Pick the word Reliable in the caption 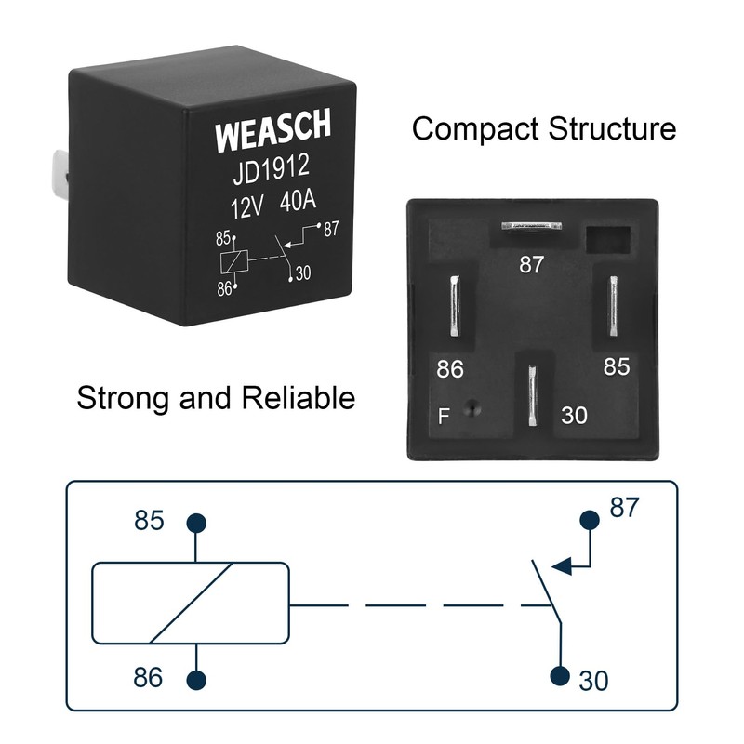click(x=299, y=399)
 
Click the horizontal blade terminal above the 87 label click(x=531, y=226)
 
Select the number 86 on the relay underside click(x=450, y=369)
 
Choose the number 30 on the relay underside click(x=574, y=416)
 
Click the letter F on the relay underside click(x=445, y=416)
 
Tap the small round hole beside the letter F click(x=473, y=407)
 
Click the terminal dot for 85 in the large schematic click(x=195, y=523)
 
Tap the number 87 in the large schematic click(x=625, y=508)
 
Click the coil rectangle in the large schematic click(x=189, y=603)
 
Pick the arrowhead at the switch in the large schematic click(x=560, y=564)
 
